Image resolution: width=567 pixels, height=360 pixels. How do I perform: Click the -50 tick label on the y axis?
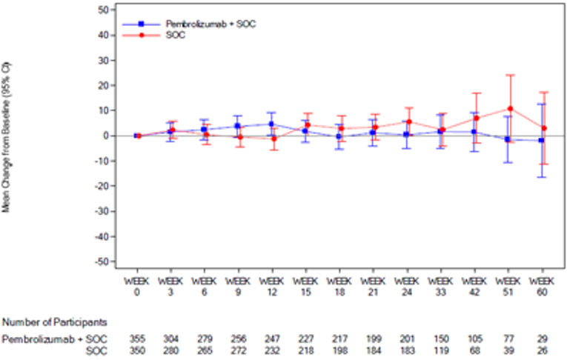pos(103,261)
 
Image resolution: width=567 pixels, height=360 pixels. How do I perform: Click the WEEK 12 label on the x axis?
pos(272,286)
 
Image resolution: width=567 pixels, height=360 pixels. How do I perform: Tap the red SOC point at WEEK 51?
pos(509,109)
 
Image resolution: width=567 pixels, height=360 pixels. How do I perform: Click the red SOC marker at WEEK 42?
pos(476,118)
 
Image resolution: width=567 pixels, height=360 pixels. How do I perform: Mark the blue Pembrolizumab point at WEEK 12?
pos(272,124)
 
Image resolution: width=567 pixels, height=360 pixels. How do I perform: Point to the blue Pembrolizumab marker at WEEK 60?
pos(542,140)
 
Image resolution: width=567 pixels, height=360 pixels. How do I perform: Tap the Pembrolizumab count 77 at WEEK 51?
pos(509,339)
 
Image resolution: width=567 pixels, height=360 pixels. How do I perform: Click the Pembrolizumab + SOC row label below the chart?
pos(54,339)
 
